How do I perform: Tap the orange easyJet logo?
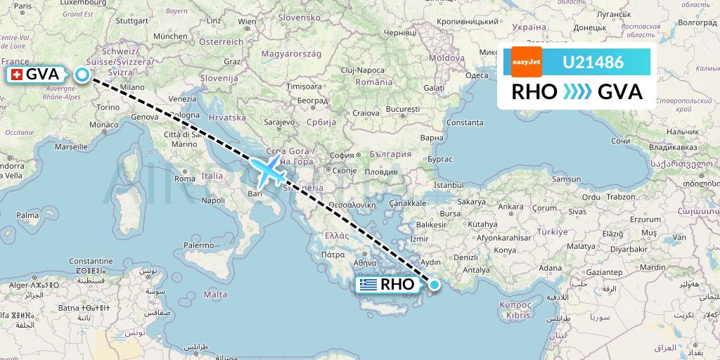pyautogui.click(x=527, y=62)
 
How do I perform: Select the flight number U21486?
pyautogui.click(x=593, y=62)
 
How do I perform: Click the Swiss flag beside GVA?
pyautogui.click(x=15, y=75)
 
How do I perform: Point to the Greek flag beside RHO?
pyautogui.click(x=367, y=285)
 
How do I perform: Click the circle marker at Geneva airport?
pyautogui.click(x=82, y=75)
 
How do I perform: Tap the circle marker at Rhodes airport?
pyautogui.click(x=435, y=285)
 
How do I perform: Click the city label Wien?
pyautogui.click(x=247, y=22)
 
